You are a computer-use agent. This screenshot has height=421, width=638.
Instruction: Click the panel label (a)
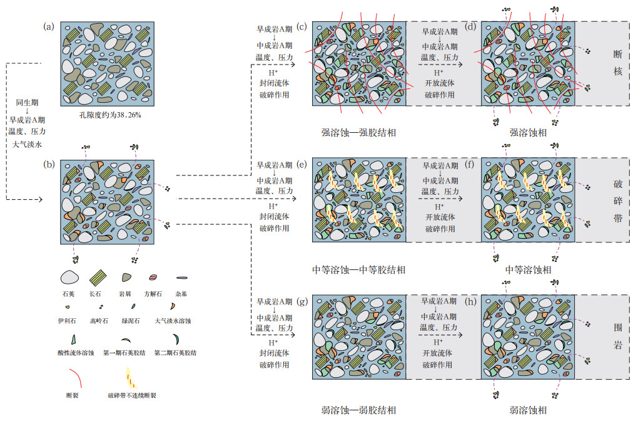[49, 26]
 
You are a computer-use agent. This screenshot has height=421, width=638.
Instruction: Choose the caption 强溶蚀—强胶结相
[358, 133]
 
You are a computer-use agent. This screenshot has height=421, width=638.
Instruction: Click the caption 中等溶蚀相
[529, 270]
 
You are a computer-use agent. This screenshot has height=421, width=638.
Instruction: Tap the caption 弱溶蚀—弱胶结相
[358, 410]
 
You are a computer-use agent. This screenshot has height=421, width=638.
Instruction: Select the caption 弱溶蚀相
[529, 410]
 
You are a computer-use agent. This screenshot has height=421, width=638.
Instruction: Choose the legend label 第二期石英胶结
[175, 353]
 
